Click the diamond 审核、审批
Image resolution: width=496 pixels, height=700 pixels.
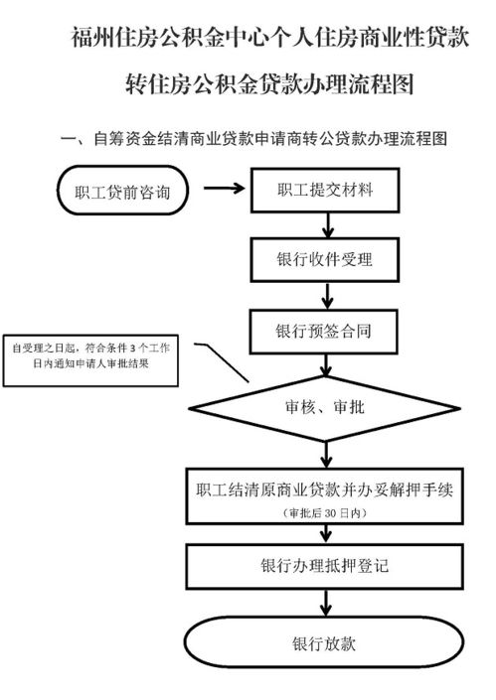click(x=317, y=407)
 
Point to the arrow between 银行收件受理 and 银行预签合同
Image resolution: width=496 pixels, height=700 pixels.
click(x=317, y=293)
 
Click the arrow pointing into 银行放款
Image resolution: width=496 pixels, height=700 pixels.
click(x=317, y=603)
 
